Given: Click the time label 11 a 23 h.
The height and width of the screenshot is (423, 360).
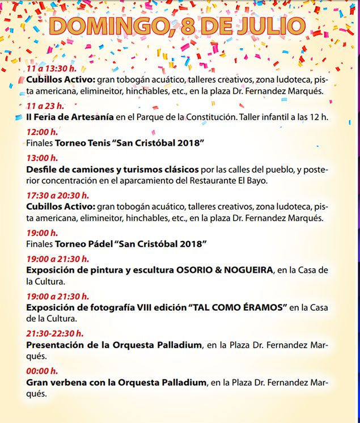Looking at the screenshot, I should click(x=45, y=106).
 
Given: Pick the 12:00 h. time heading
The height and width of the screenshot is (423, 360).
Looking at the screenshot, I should click(x=42, y=132).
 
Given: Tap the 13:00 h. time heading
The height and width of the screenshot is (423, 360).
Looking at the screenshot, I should click(x=42, y=158).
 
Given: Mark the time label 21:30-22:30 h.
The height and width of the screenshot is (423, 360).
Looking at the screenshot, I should click(x=55, y=333).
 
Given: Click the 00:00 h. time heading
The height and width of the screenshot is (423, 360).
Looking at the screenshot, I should click(x=42, y=371).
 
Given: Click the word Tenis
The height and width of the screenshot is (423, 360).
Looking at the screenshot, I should click(x=98, y=143).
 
